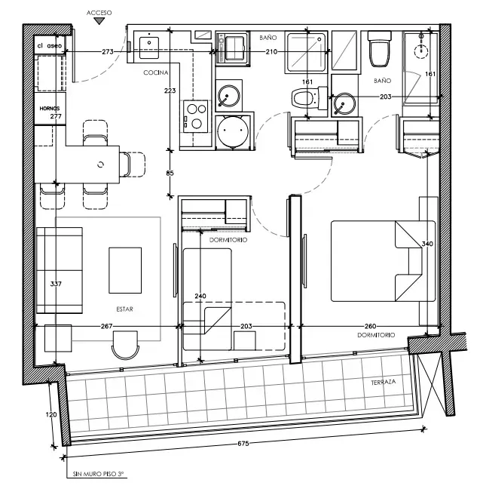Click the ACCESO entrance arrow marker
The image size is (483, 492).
tap(99, 21)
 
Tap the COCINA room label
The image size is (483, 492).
tap(156, 72)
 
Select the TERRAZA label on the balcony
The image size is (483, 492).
tap(383, 382)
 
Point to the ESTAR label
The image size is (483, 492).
tap(124, 309)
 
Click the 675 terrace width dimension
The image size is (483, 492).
tap(243, 444)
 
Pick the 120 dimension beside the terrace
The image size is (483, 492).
tap(51, 414)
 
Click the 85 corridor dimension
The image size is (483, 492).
tap(170, 173)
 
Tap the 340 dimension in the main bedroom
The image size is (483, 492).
tap(427, 244)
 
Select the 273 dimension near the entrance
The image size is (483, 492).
tap(108, 52)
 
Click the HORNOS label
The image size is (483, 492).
tap(50, 109)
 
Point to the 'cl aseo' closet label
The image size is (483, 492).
tap(50, 46)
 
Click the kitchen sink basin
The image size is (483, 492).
tap(148, 48)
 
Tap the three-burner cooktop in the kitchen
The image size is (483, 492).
tap(195, 116)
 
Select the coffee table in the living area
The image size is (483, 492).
tap(125, 270)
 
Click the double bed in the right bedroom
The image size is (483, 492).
tap(383, 261)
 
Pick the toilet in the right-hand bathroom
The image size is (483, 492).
tap(379, 48)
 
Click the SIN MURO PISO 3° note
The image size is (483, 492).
tap(99, 474)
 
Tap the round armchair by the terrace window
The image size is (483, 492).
tap(125, 345)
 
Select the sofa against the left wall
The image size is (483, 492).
tap(60, 270)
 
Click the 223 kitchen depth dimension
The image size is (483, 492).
tap(170, 91)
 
